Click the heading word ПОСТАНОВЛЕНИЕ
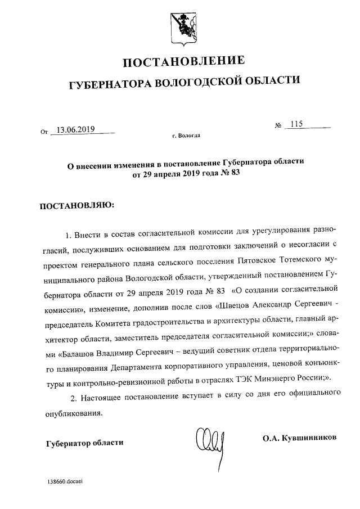point(184,61)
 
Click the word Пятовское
point(246,262)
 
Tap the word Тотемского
point(290,262)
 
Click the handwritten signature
point(209,440)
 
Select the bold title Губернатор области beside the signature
point(84,443)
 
